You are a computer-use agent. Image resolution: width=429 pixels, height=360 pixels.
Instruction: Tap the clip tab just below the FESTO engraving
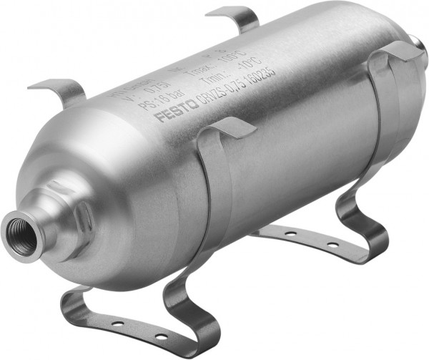233,128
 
